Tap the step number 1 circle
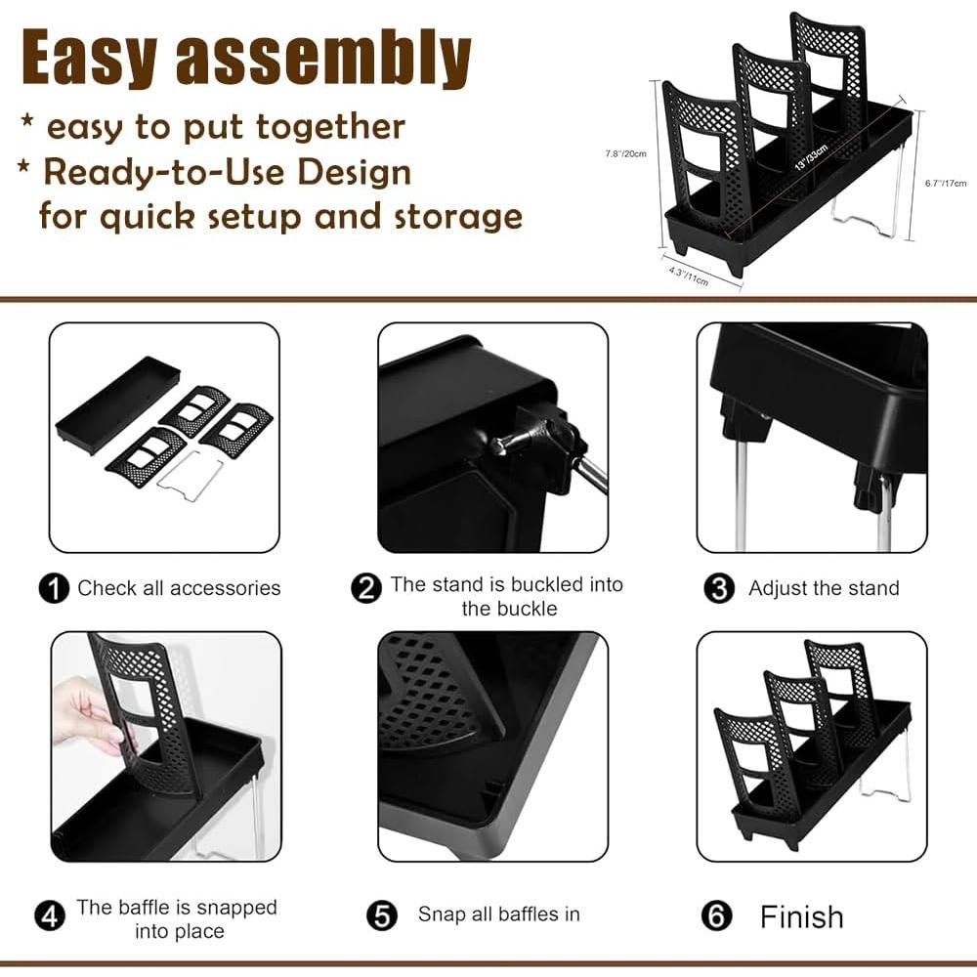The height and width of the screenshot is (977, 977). click(x=54, y=589)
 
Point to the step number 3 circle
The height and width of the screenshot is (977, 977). click(x=719, y=589)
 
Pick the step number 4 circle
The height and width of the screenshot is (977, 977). click(x=50, y=916)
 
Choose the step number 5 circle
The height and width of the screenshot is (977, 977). click(x=382, y=916)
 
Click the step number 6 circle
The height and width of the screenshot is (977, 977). click(x=717, y=916)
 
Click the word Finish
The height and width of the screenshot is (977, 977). click(x=801, y=916)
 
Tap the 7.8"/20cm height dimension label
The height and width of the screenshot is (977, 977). click(x=626, y=152)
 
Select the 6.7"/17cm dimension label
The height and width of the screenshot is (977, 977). click(x=945, y=183)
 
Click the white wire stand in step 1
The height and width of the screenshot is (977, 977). click(x=187, y=475)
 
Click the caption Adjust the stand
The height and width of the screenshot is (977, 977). click(x=824, y=589)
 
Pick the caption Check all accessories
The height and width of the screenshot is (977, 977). click(x=179, y=589)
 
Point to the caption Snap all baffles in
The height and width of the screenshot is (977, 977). click(x=498, y=915)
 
